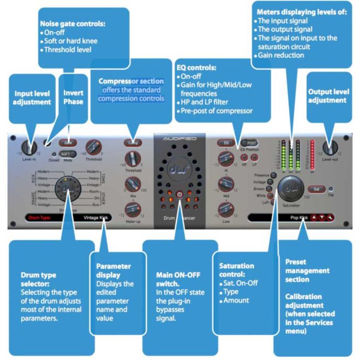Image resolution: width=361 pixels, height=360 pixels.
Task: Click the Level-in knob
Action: (27, 147)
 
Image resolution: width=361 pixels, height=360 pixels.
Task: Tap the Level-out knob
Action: (330, 147)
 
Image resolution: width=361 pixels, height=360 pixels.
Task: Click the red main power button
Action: (180, 194)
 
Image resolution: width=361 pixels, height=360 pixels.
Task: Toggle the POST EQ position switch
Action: (251, 143)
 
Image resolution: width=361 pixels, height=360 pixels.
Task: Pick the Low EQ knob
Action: (224, 209)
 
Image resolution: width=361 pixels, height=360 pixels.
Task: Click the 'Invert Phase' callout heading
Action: (74, 97)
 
